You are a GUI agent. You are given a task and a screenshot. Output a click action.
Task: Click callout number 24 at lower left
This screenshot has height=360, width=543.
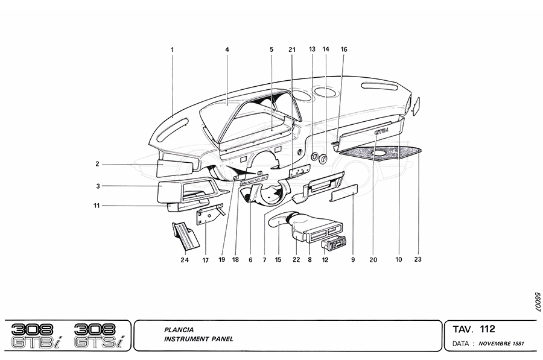coord(184,260)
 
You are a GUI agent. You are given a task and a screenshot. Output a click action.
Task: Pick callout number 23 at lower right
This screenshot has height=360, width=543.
coord(418,260)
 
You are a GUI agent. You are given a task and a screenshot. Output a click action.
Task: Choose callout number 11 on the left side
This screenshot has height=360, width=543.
coord(97,206)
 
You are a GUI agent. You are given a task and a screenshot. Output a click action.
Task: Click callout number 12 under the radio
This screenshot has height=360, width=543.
coord(326,260)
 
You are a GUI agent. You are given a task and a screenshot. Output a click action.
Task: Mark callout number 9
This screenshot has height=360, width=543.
coord(353,260)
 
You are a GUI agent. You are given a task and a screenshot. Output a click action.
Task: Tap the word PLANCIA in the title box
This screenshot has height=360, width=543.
coord(179,330)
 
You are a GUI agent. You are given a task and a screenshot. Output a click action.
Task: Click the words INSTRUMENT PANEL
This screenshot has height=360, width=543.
coord(198,339)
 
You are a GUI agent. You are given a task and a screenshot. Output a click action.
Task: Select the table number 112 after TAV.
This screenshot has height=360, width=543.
coord(487,329)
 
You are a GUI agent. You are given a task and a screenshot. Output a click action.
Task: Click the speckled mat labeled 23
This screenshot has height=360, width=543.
coord(380,152)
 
